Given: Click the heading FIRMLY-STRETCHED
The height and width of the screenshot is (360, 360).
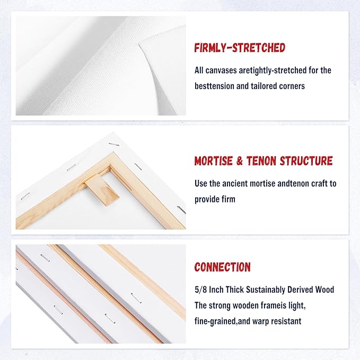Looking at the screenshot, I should coord(240,48).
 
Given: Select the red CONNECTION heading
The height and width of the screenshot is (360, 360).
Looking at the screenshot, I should coord(222,267).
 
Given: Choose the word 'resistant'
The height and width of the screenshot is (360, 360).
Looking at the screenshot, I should coord(286,321).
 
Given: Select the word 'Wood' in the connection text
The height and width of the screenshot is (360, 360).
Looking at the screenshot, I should coord(324,290).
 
